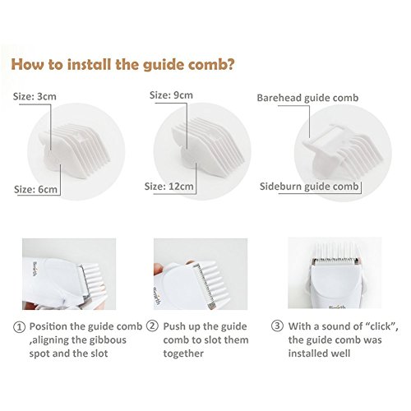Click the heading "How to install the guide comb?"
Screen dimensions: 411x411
coord(122,64)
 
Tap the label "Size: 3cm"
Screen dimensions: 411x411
coord(35,96)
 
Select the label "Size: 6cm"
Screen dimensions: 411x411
coord(35,189)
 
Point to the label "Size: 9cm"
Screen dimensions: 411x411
coord(171,95)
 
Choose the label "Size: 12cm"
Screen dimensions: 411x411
coord(169,187)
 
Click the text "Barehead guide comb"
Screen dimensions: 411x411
coord(307,98)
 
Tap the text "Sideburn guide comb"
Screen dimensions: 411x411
coord(309,187)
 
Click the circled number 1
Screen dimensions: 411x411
coord(20,327)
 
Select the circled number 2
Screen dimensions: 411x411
coord(152,326)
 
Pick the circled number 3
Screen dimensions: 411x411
coord(277,326)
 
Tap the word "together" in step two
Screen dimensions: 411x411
coord(183,353)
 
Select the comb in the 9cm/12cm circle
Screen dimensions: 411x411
coord(207,148)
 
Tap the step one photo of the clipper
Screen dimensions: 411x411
coord(69,274)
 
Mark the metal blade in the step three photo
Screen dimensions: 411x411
coord(335,261)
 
